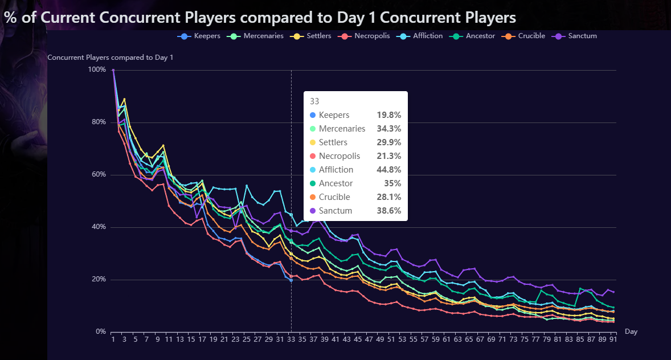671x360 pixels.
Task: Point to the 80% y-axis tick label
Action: click(97, 122)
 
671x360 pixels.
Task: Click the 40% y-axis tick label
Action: click(97, 227)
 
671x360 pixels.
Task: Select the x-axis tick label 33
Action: click(291, 339)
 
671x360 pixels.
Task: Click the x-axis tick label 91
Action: click(613, 339)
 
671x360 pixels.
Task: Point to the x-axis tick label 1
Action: click(113, 339)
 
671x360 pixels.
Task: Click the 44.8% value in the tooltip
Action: click(389, 170)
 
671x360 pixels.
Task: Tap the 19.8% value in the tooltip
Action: click(389, 115)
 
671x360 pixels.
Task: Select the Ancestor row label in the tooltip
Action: click(335, 183)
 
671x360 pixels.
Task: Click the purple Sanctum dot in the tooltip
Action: click(313, 211)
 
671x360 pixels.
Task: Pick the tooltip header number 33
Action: click(314, 101)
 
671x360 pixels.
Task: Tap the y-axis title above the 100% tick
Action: click(110, 58)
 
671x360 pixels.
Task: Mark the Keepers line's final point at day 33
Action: click(291, 280)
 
